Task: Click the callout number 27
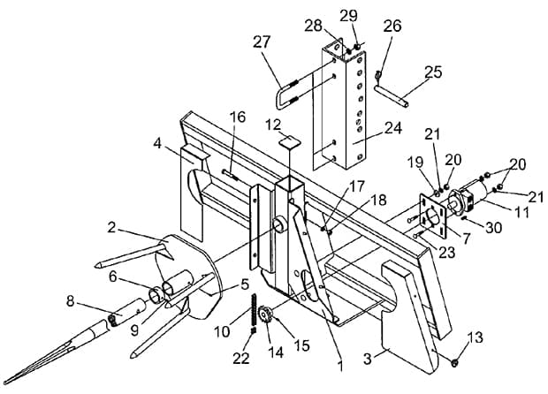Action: [262, 42]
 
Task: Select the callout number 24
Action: [393, 128]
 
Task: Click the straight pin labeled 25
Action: [392, 95]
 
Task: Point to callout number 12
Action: [273, 125]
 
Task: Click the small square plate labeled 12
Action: [290, 141]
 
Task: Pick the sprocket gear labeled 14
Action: [265, 314]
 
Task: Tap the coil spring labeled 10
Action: [254, 313]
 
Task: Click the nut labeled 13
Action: [454, 362]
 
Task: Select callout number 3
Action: [367, 359]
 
